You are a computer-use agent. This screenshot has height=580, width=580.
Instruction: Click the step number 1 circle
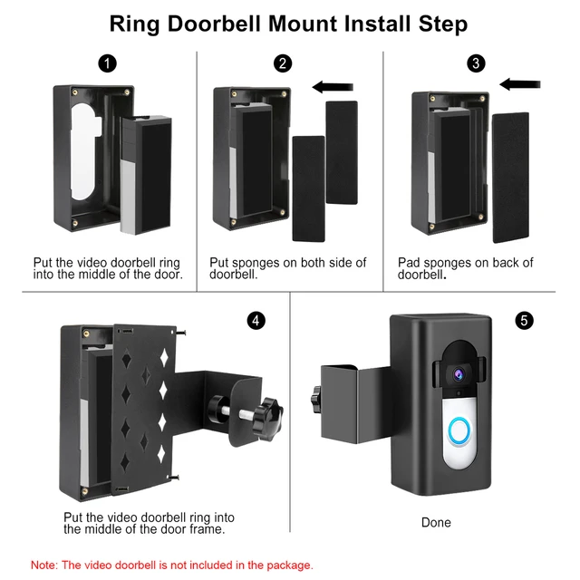click(108, 63)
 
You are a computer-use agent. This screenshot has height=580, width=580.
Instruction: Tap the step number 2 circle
click(284, 63)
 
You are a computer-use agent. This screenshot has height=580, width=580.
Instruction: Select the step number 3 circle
click(478, 63)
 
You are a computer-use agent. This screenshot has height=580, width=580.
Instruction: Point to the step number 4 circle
click(256, 321)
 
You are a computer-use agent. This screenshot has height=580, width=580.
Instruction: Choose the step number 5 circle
click(523, 321)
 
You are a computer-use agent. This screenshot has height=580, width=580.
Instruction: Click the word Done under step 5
click(436, 523)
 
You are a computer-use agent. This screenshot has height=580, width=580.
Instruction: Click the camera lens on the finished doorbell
click(459, 372)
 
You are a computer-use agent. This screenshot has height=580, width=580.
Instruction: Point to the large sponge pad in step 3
click(509, 177)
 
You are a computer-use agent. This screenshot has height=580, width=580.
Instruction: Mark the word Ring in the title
click(137, 24)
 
